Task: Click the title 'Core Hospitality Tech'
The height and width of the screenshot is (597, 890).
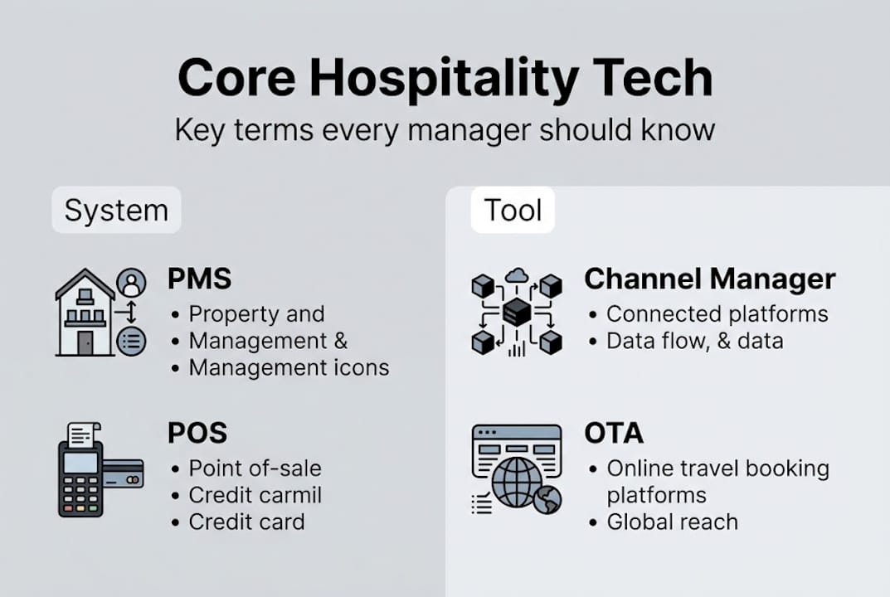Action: pos(445,80)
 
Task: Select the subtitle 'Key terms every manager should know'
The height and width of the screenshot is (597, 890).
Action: pos(445,130)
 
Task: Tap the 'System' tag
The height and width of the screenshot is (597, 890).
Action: pos(116,210)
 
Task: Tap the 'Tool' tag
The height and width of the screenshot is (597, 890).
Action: pos(513,210)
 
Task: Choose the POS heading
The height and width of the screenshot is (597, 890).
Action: pos(197,432)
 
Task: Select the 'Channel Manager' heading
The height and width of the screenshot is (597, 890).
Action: pos(709,279)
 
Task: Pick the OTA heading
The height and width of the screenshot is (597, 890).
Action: pos(614,432)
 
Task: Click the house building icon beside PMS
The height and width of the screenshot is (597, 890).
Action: pos(85,313)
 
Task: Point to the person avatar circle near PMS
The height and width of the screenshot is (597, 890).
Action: pos(131,284)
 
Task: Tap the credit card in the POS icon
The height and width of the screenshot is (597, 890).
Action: pos(124,474)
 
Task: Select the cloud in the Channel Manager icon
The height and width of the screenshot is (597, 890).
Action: pos(517,275)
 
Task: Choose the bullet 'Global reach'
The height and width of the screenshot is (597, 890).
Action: pos(672,522)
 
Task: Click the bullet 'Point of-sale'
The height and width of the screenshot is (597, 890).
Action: pos(255,468)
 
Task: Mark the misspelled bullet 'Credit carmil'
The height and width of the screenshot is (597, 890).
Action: pos(255,495)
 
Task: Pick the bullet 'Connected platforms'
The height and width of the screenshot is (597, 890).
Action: pos(717,314)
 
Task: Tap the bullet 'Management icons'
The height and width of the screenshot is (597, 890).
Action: pos(289,367)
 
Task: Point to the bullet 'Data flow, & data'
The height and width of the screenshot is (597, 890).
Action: pos(694,341)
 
